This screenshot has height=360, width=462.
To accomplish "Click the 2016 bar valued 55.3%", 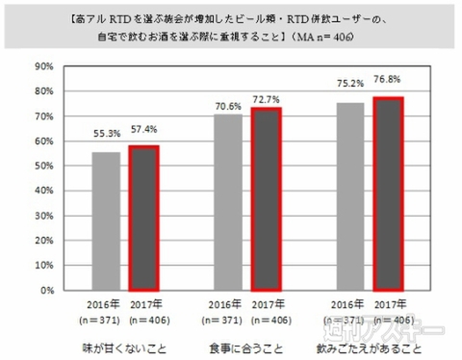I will pos(108,220).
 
